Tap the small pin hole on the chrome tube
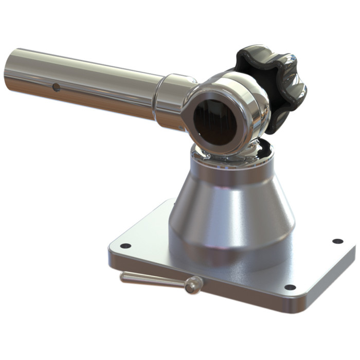pyautogui.click(x=56, y=87)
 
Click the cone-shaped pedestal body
pyautogui.click(x=231, y=211)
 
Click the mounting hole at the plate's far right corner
pyautogui.click(x=337, y=241)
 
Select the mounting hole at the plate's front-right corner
pyautogui.click(x=290, y=287)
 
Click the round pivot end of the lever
pyautogui.click(x=193, y=284)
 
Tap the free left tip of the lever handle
pyautogui.click(x=123, y=277)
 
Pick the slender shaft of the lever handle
pyautogui.click(x=154, y=280)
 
